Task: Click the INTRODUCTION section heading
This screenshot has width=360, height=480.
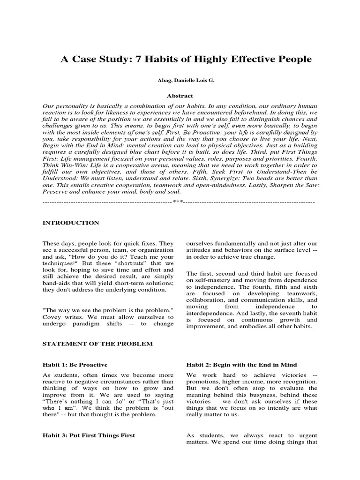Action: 71,223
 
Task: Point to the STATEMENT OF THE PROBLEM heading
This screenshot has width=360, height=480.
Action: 97,344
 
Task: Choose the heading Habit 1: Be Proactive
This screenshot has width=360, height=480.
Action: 75,365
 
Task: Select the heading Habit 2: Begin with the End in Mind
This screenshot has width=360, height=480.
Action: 241,365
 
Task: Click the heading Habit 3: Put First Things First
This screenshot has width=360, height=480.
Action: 89,435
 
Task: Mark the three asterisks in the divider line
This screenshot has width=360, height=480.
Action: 178,202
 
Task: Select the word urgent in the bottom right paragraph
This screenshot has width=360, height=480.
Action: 306,435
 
